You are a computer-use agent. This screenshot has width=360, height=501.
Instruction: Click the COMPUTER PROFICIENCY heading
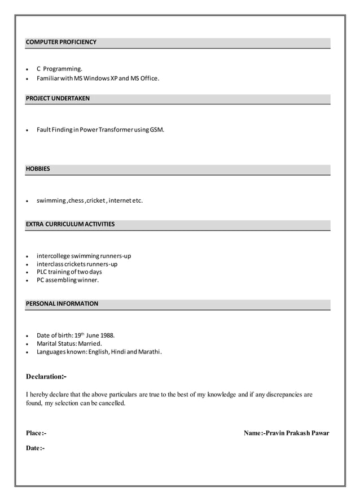tap(61, 42)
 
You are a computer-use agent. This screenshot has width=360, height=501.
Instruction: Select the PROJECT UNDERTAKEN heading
tap(58, 98)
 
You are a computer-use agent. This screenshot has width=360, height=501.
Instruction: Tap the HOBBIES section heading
tap(38, 169)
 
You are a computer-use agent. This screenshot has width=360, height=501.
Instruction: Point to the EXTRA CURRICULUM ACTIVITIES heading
tap(70, 224)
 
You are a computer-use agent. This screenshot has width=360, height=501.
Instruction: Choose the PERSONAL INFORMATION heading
tap(62, 304)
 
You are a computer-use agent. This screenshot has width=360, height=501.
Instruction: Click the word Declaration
tap(44, 377)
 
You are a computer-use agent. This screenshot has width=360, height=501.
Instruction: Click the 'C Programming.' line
tap(59, 69)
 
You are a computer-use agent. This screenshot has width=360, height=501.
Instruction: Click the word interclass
tap(50, 264)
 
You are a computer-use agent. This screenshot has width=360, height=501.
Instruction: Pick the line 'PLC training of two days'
tap(69, 272)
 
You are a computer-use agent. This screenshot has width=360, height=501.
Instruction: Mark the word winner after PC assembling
tap(89, 280)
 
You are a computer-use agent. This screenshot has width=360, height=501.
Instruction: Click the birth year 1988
tap(107, 336)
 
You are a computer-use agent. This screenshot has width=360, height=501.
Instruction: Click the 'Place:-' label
tap(36, 433)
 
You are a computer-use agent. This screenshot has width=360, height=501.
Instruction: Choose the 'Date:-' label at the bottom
tap(35, 448)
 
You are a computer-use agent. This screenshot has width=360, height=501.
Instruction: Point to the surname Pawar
tap(319, 433)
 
